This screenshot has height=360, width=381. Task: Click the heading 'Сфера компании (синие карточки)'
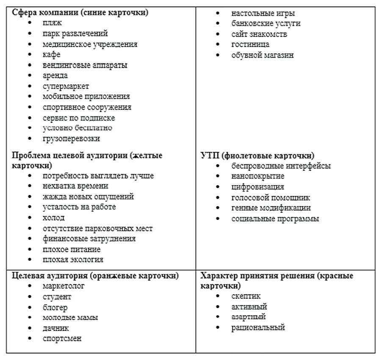80,12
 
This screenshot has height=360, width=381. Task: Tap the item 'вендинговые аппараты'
85,65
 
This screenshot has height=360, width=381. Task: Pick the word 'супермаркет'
66,86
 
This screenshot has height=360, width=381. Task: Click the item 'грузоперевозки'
71,138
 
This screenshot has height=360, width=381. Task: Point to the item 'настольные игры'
263,13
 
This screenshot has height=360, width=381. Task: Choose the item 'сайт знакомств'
259,34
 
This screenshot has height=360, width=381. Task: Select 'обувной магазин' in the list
262,55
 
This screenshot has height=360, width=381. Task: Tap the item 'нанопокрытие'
258,176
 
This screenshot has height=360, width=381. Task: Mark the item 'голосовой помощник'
271,197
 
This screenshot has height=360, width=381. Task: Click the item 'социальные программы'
275,219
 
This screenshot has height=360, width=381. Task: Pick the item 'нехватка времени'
75,186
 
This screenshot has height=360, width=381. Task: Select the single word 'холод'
53,218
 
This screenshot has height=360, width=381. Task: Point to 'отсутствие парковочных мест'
97,228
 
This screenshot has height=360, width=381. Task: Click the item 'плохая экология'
73,260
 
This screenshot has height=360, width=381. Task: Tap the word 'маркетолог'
63,286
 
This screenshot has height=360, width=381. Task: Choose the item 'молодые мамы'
70,317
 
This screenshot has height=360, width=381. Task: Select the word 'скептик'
246,296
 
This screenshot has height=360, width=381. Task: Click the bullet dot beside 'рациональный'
218,328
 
